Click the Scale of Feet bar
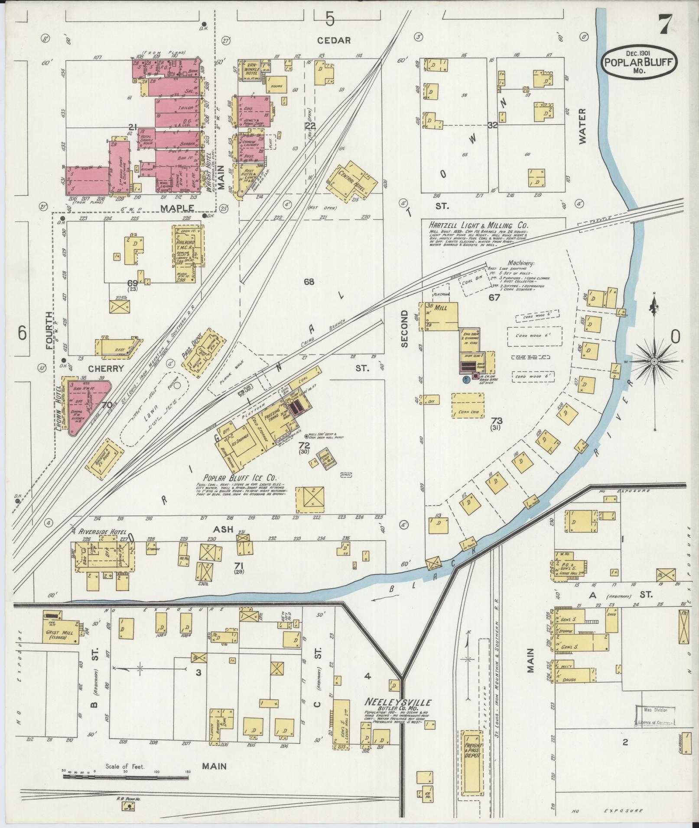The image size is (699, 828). coord(126,776)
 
